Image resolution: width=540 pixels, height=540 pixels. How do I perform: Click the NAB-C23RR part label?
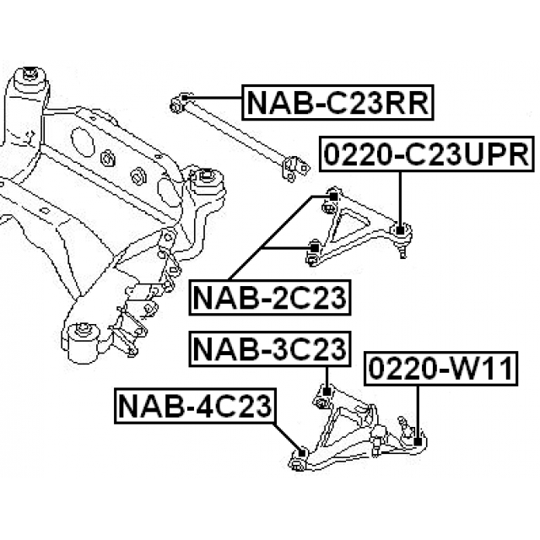pos(338,103)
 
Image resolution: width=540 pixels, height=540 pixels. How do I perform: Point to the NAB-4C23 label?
pos(194,408)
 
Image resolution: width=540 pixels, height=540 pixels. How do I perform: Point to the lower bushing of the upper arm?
pos(311,250)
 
